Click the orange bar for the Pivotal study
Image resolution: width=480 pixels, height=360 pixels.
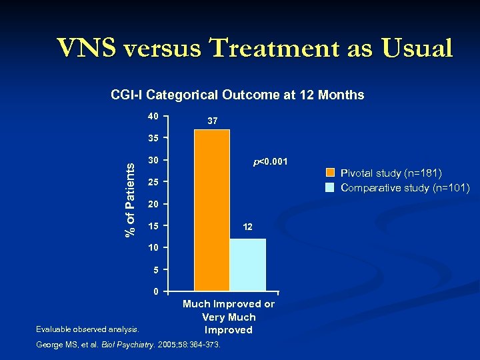[211, 210]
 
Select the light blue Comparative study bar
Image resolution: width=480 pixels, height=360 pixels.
[247, 265]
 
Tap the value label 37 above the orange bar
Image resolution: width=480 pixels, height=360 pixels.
[212, 121]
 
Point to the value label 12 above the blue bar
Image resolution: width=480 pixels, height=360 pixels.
[247, 227]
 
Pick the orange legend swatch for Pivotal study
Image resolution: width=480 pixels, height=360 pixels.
[330, 173]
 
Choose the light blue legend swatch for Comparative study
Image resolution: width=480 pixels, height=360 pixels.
[330, 187]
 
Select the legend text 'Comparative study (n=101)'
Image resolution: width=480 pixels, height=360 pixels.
[405, 187]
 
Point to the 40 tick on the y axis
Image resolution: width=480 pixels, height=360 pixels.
[153, 117]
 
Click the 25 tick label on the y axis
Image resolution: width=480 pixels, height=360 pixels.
[153, 182]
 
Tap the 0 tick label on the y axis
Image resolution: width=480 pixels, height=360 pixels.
[155, 292]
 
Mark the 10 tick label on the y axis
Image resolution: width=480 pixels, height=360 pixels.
[153, 248]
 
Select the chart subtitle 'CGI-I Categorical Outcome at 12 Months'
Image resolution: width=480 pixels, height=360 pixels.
[237, 95]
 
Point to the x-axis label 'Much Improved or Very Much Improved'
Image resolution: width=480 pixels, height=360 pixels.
[229, 317]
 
